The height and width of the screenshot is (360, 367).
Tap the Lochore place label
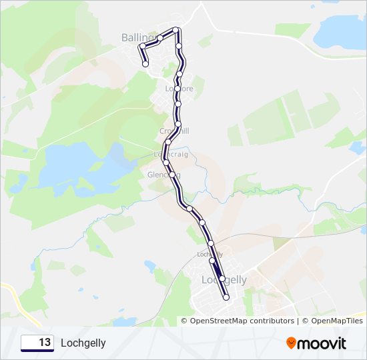tap(179, 89)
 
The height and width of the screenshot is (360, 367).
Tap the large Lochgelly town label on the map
tap(224, 280)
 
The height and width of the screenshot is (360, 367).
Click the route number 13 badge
tap(37, 343)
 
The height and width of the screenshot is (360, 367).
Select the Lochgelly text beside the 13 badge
tap(83, 343)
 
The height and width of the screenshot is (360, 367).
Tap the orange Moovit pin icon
tap(292, 343)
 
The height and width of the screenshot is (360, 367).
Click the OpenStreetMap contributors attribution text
tap(242, 321)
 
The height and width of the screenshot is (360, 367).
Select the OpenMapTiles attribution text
tap(333, 321)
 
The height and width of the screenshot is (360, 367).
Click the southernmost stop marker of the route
tap(226, 297)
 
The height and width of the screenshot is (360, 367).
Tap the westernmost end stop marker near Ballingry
tap(145, 64)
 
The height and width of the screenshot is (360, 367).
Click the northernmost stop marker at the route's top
tap(176, 30)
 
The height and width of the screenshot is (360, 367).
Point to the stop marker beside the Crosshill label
tap(178, 124)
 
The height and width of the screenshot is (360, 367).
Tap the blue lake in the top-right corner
tap(340, 33)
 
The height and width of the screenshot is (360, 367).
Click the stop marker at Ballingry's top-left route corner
tap(141, 46)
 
